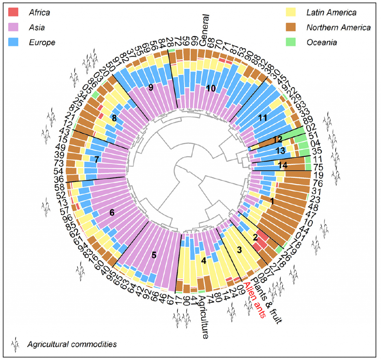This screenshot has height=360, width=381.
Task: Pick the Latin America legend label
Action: tap(331, 13)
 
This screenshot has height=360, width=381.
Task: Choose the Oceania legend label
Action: tap(321, 42)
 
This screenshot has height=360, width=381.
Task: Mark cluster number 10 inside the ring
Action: tap(211, 88)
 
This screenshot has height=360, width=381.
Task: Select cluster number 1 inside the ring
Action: tap(272, 202)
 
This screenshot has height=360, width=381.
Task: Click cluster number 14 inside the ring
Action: tap(284, 165)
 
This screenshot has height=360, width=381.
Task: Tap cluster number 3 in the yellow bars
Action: tap(239, 250)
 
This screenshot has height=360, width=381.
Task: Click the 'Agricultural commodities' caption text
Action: tap(72, 344)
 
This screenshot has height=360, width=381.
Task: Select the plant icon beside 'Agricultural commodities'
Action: tap(15, 344)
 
